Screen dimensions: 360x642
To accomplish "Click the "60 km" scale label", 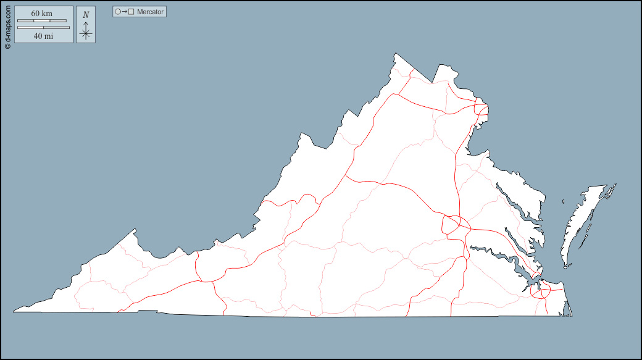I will point(42,14).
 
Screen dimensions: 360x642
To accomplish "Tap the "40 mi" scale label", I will point(43,36).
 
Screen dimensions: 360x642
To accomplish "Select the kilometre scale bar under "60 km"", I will point(42,21).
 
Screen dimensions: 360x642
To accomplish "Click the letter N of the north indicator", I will point(86,14).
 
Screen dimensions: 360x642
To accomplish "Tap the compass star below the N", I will point(86,34).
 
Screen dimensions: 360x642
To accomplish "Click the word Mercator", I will point(151,12).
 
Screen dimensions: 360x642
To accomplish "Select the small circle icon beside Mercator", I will point(118,12).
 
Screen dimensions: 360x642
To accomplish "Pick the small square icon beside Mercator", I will point(131,12).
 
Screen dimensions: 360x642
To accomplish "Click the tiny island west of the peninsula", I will point(564,201).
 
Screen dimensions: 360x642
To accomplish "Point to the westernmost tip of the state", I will point(14,311).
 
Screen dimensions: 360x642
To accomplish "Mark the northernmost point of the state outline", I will point(395,54).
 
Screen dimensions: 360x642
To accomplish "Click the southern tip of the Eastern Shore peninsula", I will point(565,266).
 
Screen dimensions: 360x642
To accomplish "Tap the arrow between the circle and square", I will point(125,12).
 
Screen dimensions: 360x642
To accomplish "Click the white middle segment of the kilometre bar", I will point(42,21).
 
